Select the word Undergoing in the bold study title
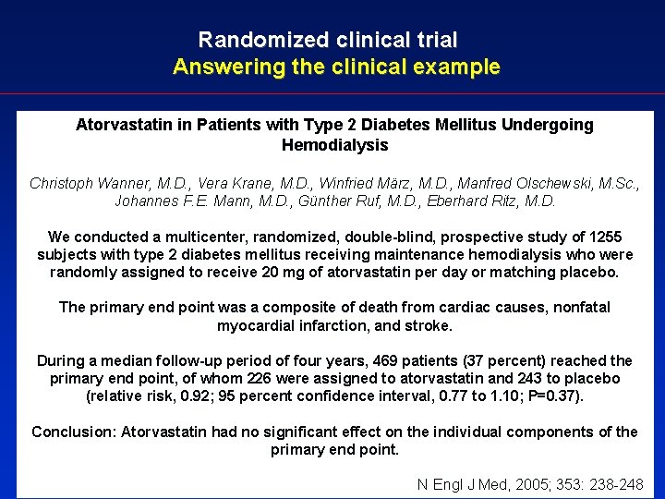(x=549, y=125)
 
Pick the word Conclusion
(x=71, y=432)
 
